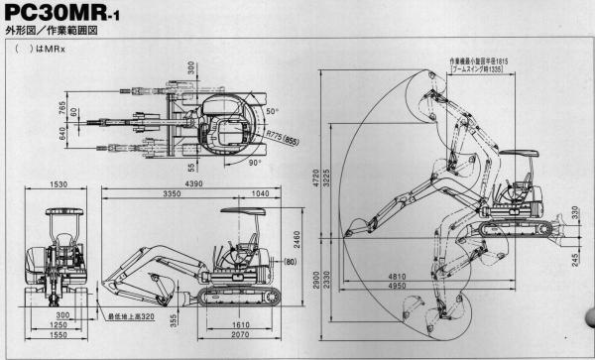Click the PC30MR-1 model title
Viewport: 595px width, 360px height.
[x=74, y=20]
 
